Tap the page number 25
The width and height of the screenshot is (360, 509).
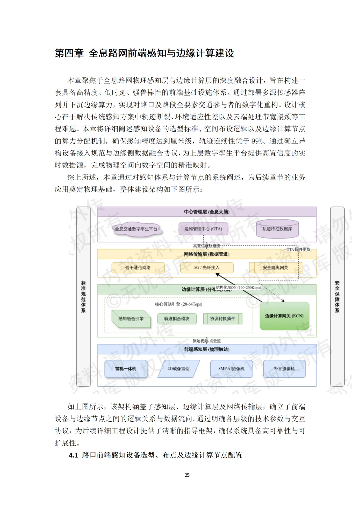pos(187,475)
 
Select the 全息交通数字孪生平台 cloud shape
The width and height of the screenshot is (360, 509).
pos(136,229)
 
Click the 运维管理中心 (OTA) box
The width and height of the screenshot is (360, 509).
pos(203,229)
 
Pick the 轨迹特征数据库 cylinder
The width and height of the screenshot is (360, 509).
pos(277,229)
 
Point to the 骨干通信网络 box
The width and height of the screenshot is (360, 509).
pos(138,268)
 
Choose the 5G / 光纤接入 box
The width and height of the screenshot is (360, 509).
pos(207,268)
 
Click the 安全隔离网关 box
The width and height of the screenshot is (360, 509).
pos(275,268)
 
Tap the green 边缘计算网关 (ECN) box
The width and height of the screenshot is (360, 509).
pos(284,316)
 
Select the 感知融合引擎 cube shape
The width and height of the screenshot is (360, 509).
pos(131,319)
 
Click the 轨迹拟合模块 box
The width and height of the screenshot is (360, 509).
pos(177,319)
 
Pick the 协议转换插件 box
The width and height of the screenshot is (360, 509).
pos(222,319)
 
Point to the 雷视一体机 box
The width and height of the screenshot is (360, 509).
pos(126,369)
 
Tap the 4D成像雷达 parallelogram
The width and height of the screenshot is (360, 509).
pos(178,369)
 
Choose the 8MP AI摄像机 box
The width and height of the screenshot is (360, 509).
pos(231,369)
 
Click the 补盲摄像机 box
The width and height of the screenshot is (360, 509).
pos(284,369)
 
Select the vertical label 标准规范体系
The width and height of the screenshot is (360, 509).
pos(83,296)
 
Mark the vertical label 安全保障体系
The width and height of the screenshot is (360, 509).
pos(337,296)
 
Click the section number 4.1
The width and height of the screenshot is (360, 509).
pos(74,455)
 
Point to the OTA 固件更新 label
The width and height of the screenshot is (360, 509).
pos(298,249)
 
